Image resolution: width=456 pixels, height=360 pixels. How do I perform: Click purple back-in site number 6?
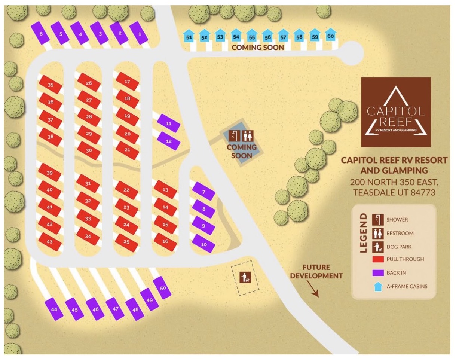(41, 34)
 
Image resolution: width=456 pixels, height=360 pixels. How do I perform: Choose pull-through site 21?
(127, 150)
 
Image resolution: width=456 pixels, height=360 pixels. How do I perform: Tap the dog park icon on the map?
(245, 277)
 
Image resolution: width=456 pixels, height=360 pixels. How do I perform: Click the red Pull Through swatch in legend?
(380, 259)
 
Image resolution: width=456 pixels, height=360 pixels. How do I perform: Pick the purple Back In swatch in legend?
(380, 273)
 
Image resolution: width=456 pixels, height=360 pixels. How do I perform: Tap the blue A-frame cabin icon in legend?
(378, 287)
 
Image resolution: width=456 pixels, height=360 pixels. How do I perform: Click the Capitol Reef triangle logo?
(396, 112)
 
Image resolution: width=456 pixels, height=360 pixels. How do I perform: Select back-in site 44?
(54, 309)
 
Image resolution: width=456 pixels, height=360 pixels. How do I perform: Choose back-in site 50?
(163, 288)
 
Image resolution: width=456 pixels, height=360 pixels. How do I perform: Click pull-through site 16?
(165, 241)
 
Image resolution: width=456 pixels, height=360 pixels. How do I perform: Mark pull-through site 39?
(50, 173)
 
